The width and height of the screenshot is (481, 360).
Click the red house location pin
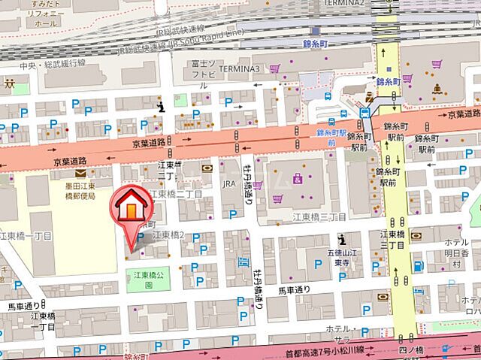(129, 211)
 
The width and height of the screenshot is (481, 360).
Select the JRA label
(229, 183)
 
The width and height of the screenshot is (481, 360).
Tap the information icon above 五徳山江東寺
(342, 240)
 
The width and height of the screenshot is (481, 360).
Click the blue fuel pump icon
(243, 262)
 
